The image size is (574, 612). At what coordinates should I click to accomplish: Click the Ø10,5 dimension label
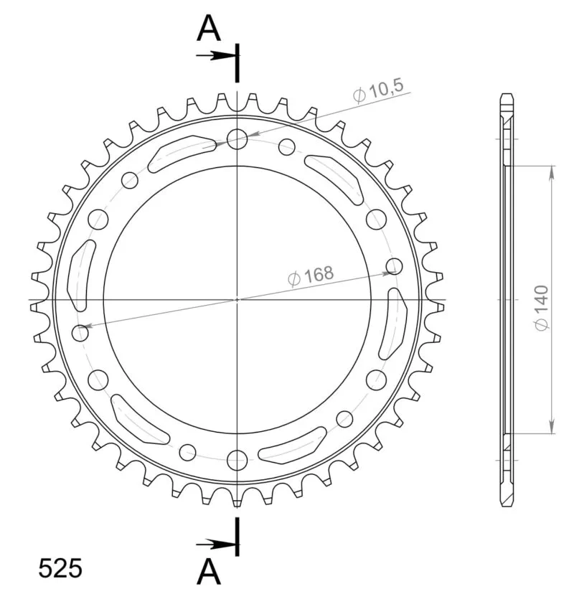(378, 91)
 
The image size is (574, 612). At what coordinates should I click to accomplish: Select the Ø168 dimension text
(311, 276)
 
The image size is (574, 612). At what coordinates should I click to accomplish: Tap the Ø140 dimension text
(542, 309)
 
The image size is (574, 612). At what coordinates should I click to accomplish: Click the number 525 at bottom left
(60, 568)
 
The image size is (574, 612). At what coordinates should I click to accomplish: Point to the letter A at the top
(209, 28)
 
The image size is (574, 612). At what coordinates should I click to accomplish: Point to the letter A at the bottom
(209, 571)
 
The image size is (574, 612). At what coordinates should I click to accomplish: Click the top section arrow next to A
(216, 56)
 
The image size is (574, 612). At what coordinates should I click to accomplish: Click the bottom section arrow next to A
(216, 544)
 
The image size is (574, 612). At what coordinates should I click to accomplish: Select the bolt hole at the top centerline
(237, 139)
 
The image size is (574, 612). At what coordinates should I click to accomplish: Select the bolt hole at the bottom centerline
(237, 460)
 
